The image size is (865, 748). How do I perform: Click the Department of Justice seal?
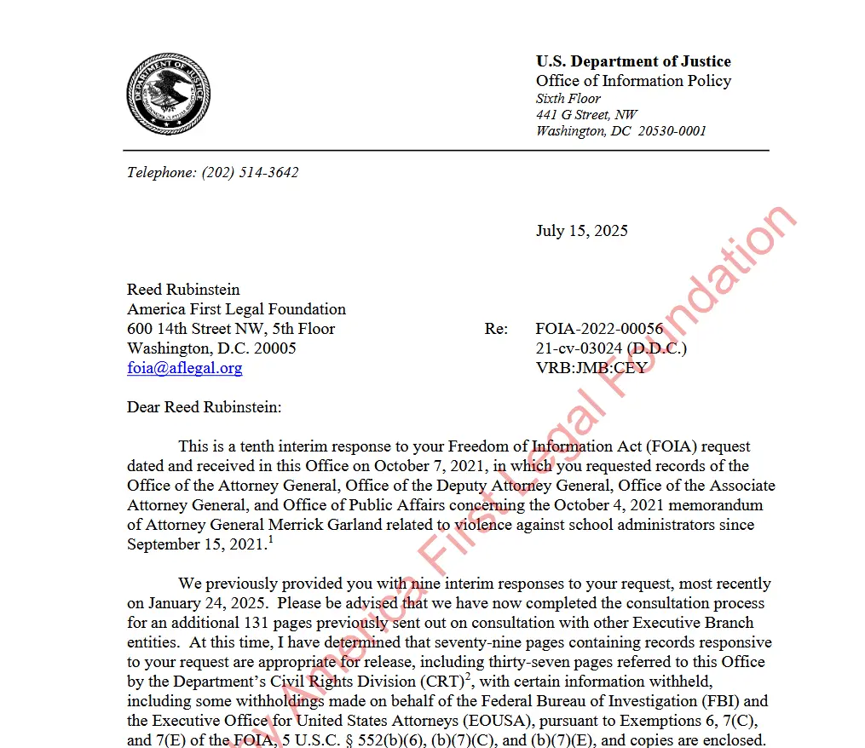(169, 94)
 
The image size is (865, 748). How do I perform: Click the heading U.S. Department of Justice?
(633, 61)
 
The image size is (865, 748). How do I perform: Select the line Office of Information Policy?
(633, 81)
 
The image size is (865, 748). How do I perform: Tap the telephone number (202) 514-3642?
(250, 172)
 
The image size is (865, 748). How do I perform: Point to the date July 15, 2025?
(581, 231)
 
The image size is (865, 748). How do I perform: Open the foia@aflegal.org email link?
(184, 368)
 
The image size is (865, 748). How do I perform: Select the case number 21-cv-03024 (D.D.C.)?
(611, 348)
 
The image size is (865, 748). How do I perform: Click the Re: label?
(496, 329)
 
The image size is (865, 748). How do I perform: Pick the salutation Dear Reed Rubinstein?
(204, 407)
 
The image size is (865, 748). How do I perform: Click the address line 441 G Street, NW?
(586, 114)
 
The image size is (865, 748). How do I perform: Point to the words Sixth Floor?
(568, 98)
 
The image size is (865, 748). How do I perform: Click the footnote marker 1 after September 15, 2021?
(270, 540)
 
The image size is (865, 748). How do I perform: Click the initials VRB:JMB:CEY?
(591, 368)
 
